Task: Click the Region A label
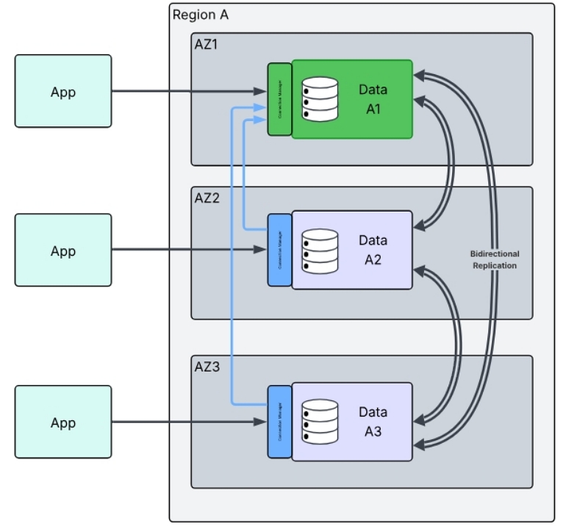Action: [194, 15]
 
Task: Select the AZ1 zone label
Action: [206, 44]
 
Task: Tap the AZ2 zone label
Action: [207, 198]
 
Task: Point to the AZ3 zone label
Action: [207, 367]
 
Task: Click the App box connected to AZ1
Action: [63, 92]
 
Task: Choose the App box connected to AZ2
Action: [63, 251]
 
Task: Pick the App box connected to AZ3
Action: [63, 423]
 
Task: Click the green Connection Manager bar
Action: [279, 99]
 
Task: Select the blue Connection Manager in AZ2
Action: [279, 251]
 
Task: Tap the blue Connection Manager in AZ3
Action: [279, 422]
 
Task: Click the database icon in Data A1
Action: [320, 99]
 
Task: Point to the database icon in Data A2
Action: [320, 251]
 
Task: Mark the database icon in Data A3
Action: [320, 421]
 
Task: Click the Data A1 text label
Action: [373, 99]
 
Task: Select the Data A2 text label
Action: [373, 250]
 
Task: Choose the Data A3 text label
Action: [373, 422]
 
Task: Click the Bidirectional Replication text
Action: [494, 259]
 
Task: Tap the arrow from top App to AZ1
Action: [187, 92]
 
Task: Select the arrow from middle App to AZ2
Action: [187, 251]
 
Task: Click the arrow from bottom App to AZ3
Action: [187, 422]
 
